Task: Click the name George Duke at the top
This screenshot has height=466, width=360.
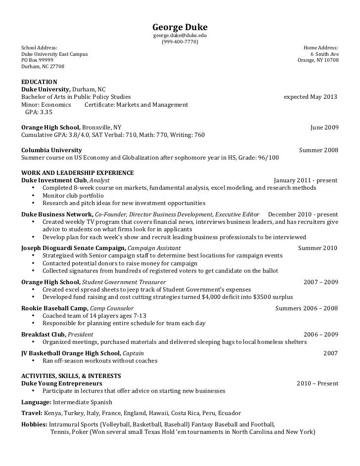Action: [180, 27]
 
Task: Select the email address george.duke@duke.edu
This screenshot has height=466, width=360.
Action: [180, 36]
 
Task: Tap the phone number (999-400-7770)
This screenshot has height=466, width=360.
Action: [180, 42]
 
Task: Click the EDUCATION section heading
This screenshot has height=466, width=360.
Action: [40, 82]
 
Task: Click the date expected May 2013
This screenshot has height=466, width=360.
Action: [310, 97]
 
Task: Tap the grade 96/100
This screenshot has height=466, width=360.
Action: [268, 158]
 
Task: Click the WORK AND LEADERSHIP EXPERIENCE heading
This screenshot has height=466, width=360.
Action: [78, 173]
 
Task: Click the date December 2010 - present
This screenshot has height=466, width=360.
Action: [303, 214]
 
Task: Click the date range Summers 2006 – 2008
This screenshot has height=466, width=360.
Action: [306, 308]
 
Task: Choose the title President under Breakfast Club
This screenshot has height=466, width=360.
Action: [80, 335]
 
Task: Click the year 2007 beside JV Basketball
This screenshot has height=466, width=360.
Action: [330, 353]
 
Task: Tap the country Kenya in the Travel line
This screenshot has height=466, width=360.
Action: [53, 413]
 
